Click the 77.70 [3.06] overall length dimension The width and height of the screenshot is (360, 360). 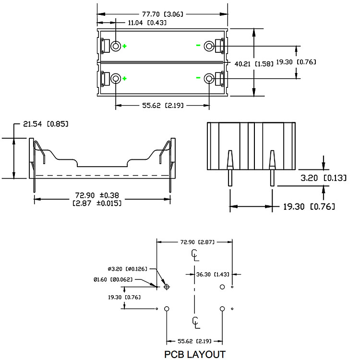(163, 14)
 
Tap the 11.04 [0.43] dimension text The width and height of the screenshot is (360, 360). (147, 23)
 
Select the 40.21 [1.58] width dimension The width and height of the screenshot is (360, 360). (254, 63)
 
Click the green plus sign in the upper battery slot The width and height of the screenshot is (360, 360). (124, 46)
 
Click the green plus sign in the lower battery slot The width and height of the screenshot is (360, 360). (124, 79)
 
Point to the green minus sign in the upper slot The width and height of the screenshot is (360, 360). (198, 45)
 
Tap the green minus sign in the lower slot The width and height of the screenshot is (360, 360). (198, 78)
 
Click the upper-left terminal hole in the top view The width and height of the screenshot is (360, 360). (116, 46)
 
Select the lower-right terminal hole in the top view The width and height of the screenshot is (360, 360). (209, 79)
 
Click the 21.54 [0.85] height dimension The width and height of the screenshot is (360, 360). (46, 124)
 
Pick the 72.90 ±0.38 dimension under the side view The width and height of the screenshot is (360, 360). (97, 199)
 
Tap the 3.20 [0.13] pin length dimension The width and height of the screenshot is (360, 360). (323, 178)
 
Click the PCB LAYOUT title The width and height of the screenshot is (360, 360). (195, 354)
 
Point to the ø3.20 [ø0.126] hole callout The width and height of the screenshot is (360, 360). (127, 269)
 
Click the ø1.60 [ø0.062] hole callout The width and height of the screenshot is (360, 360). (113, 280)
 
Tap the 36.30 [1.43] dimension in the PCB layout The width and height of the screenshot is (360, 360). (213, 275)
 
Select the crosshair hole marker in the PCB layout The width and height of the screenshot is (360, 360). (167, 287)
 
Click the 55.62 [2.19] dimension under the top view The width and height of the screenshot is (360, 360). (163, 106)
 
